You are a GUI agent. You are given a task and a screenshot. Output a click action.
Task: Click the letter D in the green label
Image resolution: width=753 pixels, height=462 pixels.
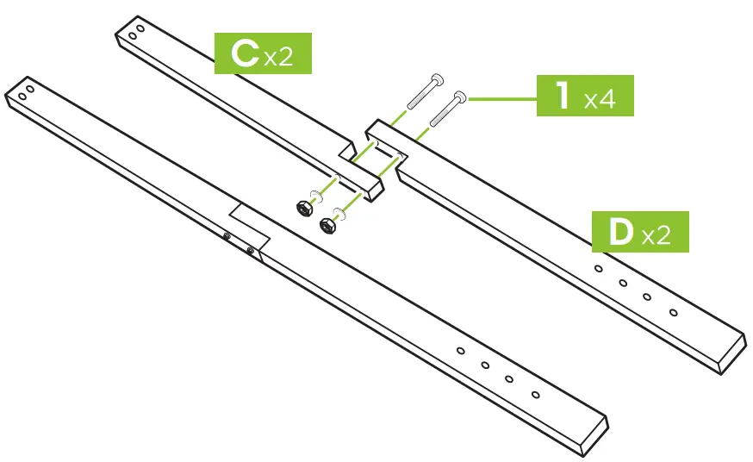coord(620,231)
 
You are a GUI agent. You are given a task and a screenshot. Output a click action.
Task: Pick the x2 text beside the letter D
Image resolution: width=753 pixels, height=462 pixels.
coord(656,235)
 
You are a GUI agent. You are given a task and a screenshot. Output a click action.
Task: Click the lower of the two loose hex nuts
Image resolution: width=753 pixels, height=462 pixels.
coord(327,225)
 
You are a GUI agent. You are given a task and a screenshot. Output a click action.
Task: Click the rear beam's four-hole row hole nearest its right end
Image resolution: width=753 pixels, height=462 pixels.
coord(673,311)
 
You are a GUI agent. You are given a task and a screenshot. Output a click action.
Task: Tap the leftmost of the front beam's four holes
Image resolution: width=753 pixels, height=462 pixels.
coord(461,351)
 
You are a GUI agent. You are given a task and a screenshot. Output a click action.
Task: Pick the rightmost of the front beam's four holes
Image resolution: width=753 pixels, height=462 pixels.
coord(535,394)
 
